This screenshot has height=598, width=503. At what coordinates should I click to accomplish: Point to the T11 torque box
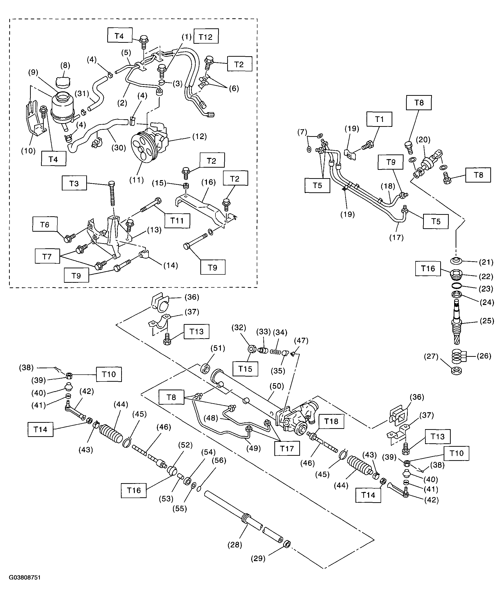[177, 220]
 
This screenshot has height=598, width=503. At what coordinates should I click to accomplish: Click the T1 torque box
[379, 119]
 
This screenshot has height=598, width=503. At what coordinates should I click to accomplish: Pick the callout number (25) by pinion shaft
[487, 321]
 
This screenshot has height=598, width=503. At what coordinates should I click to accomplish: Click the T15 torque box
[245, 369]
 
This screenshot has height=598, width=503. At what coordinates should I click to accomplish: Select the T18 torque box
[331, 421]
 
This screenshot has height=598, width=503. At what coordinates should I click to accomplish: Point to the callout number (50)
[277, 386]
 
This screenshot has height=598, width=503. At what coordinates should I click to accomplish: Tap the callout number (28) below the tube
[235, 545]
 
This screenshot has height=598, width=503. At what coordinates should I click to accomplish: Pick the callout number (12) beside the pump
[199, 136]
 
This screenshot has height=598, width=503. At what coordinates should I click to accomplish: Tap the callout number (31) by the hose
[82, 94]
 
